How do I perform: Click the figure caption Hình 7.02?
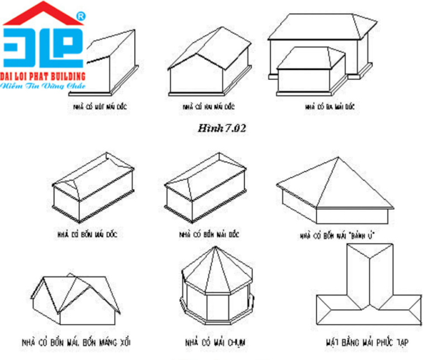222,128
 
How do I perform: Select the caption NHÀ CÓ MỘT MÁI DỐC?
101,106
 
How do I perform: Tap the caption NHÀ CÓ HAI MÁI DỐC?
208,106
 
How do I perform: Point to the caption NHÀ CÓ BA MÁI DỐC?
330,106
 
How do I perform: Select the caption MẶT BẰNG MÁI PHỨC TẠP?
367,340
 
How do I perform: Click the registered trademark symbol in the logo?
80,17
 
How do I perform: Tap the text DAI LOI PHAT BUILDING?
43,75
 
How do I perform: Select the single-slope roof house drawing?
112,64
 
